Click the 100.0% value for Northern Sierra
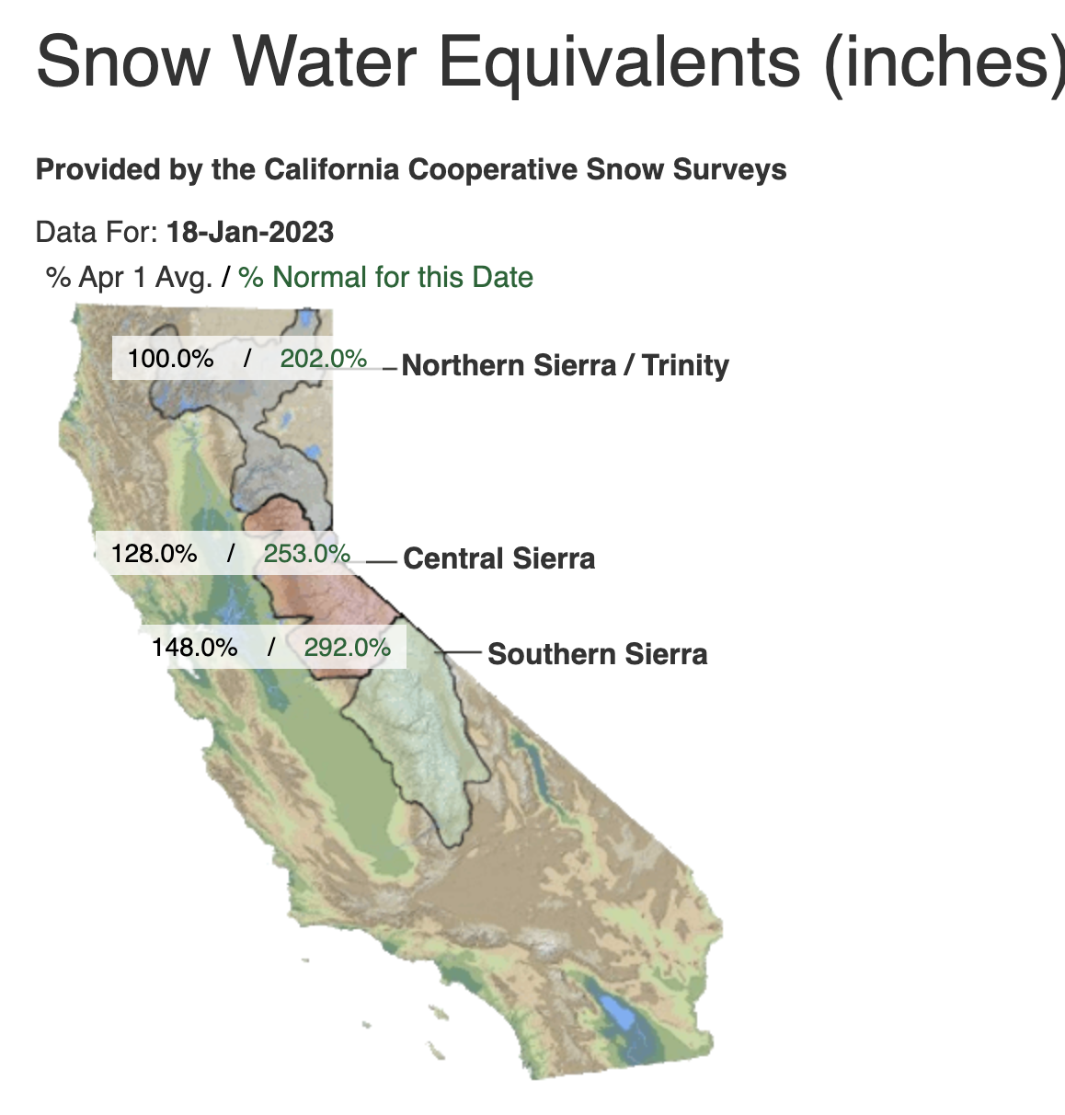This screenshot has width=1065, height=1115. [x=171, y=359]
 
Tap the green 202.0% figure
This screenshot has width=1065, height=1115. [x=324, y=359]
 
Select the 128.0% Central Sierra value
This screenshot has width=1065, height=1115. [x=155, y=554]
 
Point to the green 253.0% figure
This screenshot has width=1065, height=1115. [x=307, y=554]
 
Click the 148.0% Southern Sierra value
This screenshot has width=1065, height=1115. [x=195, y=648]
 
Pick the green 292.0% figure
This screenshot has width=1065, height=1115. [x=348, y=648]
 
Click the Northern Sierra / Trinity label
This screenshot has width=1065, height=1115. [x=566, y=365]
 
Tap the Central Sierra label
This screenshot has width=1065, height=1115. [x=499, y=558]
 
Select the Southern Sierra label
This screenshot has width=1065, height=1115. [x=598, y=654]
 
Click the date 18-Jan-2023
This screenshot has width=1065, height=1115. [x=250, y=232]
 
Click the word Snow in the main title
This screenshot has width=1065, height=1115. [x=123, y=61]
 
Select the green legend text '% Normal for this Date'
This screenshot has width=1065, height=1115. [x=386, y=277]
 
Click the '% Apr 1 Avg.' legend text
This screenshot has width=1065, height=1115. [x=130, y=278]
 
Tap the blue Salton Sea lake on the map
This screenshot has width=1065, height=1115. [x=617, y=1012]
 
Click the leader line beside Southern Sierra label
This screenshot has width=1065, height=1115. [x=458, y=652]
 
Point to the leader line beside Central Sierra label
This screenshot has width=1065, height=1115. [x=382, y=562]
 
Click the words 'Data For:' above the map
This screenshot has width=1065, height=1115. [x=97, y=232]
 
